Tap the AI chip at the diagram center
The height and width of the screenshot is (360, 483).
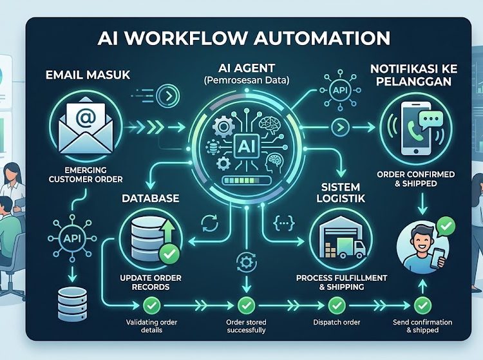click(246, 147)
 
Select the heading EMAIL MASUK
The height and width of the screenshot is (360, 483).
click(88, 75)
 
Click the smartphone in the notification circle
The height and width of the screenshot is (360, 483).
click(415, 128)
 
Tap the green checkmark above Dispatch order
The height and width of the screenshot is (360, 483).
click(336, 305)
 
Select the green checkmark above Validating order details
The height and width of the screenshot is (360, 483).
click(151, 305)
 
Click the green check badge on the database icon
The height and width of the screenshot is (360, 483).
click(169, 254)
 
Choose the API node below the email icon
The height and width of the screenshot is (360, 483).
click(72, 238)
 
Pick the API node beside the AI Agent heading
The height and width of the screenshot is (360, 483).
click(340, 90)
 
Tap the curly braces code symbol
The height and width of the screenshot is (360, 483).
click(284, 222)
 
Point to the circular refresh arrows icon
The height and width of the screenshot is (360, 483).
click(210, 223)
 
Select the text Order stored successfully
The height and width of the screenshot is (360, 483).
click(246, 326)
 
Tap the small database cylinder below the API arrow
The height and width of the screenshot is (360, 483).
click(72, 304)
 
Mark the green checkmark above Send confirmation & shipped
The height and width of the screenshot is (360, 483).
click(422, 305)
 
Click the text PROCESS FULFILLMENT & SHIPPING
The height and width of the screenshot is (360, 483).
click(341, 282)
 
